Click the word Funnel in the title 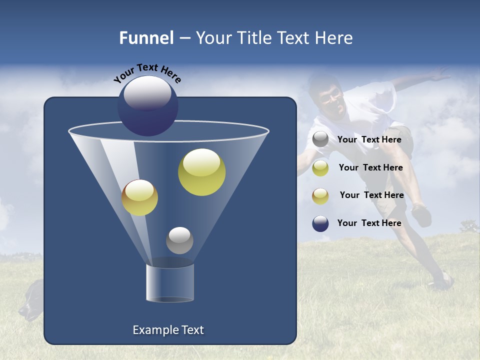pos(146,38)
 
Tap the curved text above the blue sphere pos(147,73)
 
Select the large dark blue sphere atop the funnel pos(147,106)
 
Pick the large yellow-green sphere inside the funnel pos(201,172)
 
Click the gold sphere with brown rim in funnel pos(139,197)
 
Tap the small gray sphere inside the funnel pos(179,240)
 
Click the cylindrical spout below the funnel pos(169,283)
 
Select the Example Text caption pos(168,330)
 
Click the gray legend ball pos(320,139)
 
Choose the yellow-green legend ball pos(320,168)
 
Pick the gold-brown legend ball pos(320,195)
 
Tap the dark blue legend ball pos(320,223)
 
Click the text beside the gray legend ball pos(369,139)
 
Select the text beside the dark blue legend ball pos(369,223)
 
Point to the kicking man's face pos(331,99)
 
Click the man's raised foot pos(421,215)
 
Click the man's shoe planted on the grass pos(441,281)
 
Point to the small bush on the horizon pos(469,226)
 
